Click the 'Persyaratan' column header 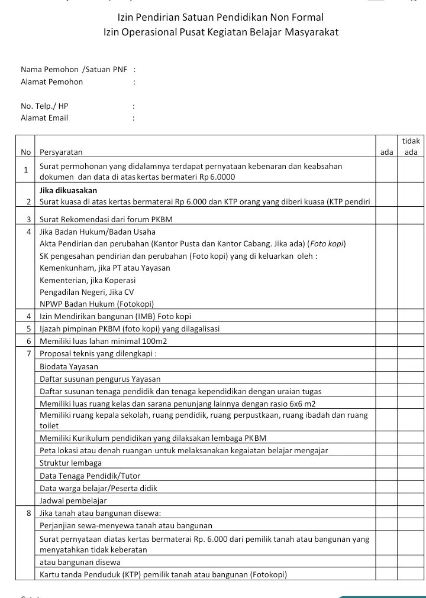tap(61, 152)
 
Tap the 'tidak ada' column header tap(411, 147)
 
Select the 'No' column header tap(25, 152)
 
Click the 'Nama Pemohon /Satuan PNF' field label tap(74, 70)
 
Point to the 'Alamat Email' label tap(44, 118)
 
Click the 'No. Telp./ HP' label tap(44, 106)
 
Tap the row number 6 tap(28, 341)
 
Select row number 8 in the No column tap(28, 513)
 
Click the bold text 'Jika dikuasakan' tap(68, 190)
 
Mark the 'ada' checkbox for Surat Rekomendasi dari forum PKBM tap(386, 220)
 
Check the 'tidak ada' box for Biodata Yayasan tap(411, 366)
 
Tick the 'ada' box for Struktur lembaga tap(386, 463)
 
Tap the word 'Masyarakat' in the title tap(311, 32)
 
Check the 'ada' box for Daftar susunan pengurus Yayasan tap(386, 379)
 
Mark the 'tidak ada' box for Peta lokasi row tap(411, 450)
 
